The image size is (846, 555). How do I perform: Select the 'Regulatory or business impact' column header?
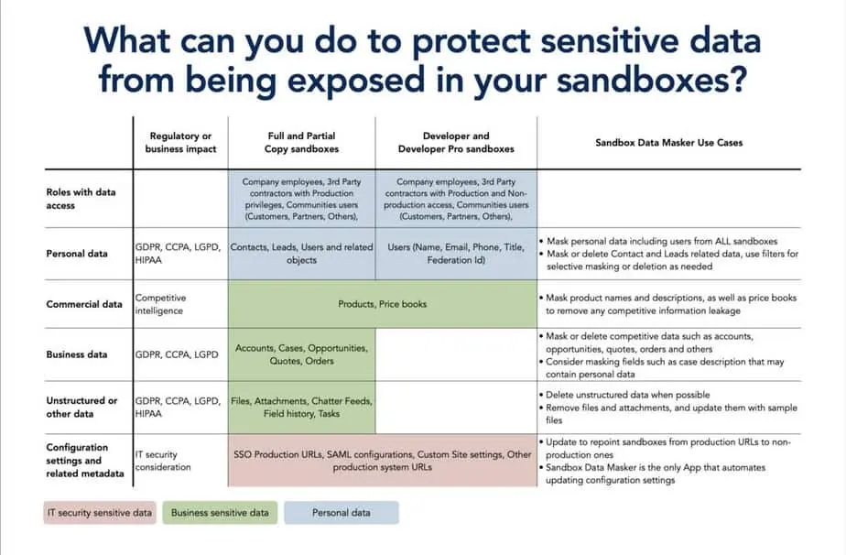coord(180,142)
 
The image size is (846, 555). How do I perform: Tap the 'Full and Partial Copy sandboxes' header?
coord(301,142)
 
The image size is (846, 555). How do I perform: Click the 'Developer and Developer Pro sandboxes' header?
coord(456,142)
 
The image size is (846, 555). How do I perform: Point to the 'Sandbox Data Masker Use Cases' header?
coord(668,143)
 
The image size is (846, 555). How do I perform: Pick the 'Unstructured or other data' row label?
coord(82,407)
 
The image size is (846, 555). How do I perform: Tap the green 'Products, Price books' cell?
coord(382,304)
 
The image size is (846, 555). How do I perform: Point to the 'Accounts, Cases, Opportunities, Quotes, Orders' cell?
coord(301,354)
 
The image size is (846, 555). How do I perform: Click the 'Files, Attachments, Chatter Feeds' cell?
coord(301,408)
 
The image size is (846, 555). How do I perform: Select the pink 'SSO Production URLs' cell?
coord(382,461)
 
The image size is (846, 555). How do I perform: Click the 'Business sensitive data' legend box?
coord(220,513)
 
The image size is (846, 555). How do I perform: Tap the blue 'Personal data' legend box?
coord(341,513)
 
